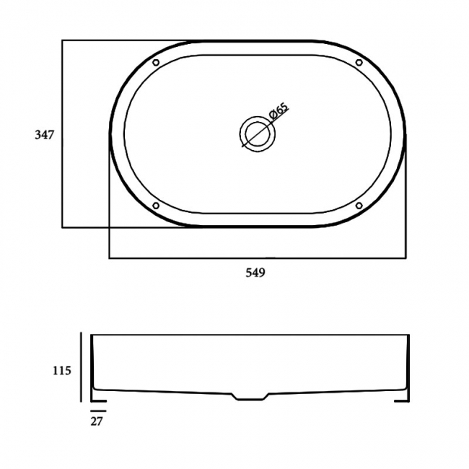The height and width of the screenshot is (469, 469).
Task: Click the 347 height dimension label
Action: coord(45,134)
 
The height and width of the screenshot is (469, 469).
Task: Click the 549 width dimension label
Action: coord(256,273)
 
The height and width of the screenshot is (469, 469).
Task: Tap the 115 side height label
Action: coord(61,371)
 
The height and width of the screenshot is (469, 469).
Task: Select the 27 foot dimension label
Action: coord(97,421)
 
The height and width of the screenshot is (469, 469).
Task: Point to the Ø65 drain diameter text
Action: coord(278,114)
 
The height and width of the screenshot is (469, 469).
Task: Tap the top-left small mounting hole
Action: coord(156,63)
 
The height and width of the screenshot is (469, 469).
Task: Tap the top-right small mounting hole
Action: coord(359,63)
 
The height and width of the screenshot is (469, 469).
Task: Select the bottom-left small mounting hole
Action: coord(156,206)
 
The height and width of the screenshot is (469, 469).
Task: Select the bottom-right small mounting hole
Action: coord(359,206)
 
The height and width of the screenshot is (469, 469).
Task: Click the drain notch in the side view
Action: coord(249,396)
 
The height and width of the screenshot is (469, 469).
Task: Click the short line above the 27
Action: coord(98,410)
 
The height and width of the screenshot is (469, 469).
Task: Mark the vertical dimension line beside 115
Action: coord(82,368)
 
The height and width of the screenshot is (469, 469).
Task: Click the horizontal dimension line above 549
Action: coord(256,258)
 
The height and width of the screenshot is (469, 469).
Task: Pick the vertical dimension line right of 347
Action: coord(63,134)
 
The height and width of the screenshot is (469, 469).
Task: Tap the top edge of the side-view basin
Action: coord(250,335)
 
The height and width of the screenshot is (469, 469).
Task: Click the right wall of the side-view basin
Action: coord(408,364)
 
